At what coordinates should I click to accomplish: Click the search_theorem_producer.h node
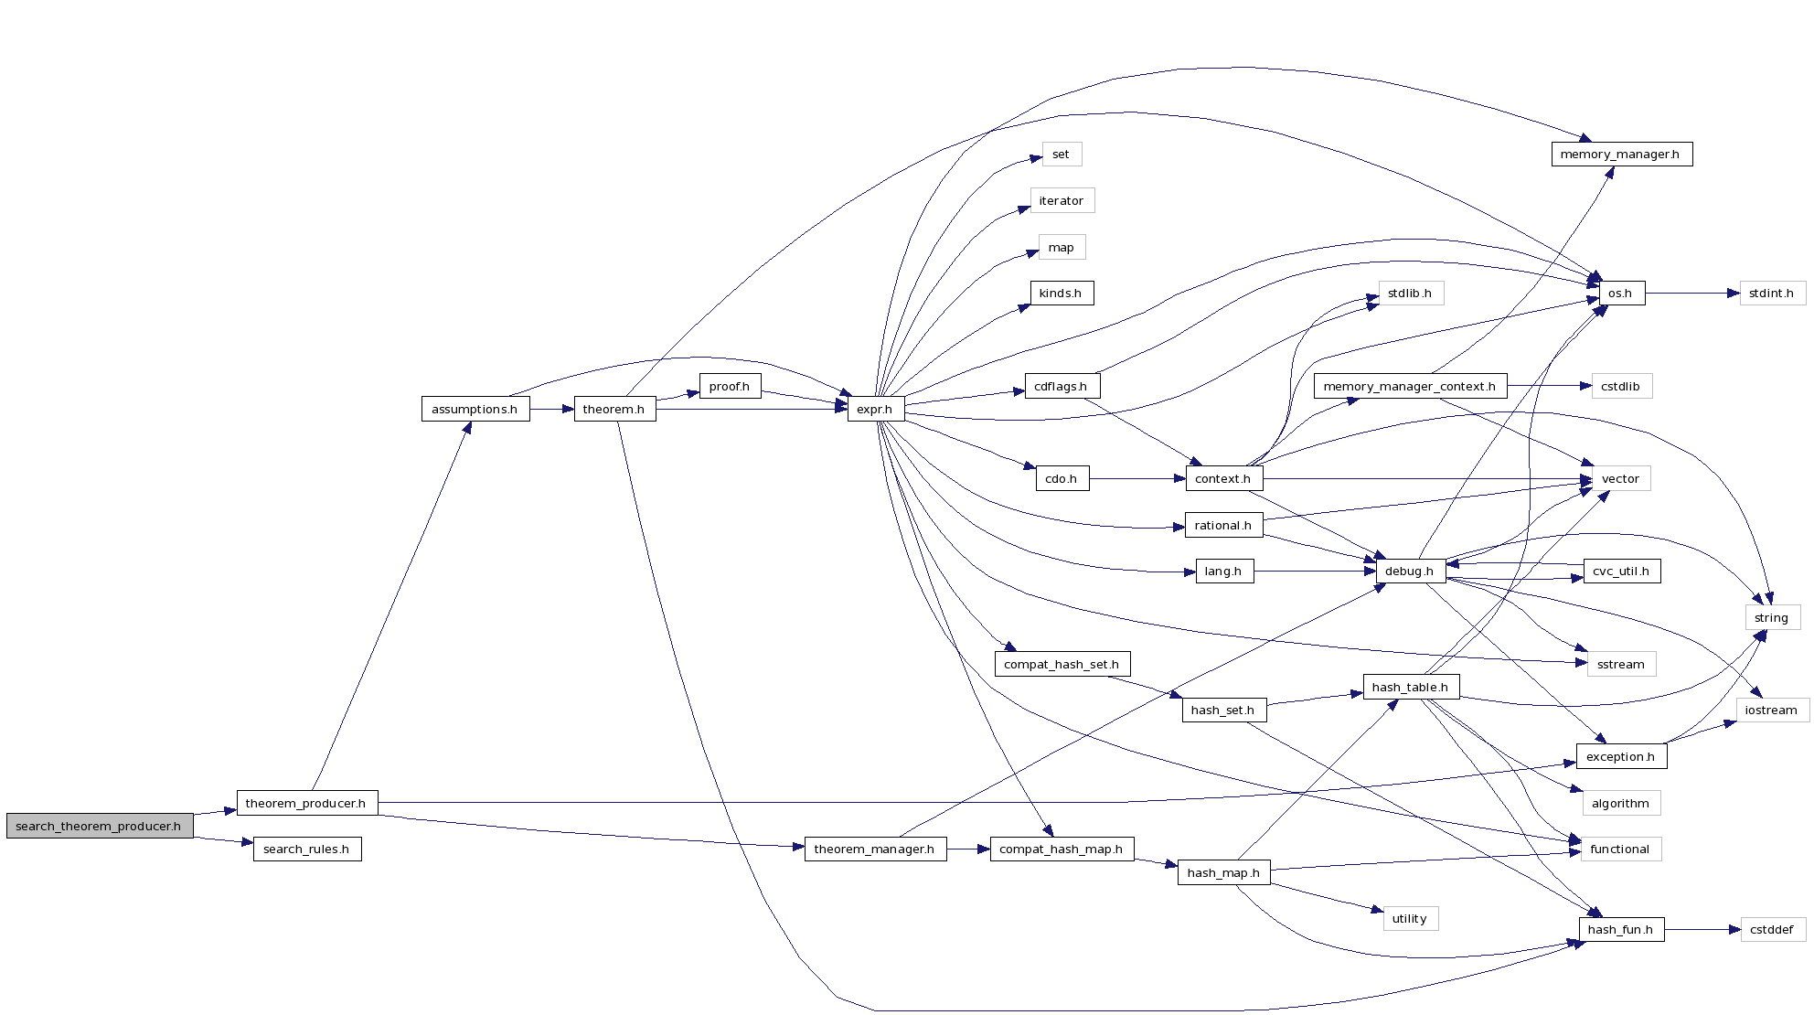point(100,826)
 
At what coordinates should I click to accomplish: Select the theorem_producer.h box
point(306,803)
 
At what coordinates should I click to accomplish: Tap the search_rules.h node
point(306,849)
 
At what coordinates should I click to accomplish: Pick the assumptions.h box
point(475,409)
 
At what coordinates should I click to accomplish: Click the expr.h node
point(875,409)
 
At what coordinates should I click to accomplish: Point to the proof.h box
point(730,386)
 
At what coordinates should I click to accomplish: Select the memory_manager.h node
point(1620,154)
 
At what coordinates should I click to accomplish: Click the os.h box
point(1620,294)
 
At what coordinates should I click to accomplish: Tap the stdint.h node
point(1771,294)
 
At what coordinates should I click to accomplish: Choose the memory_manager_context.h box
point(1409,386)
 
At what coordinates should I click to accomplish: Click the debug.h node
point(1409,572)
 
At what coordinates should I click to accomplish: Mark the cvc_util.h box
point(1620,572)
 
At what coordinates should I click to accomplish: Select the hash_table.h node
point(1410,687)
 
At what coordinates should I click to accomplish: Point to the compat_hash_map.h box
point(1061,849)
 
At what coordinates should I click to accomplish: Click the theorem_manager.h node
point(874,849)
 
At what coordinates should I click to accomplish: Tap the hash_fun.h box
point(1620,929)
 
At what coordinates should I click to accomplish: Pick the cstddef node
point(1772,929)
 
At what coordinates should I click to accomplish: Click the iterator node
point(1062,200)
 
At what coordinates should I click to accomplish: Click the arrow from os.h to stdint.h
point(1691,294)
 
